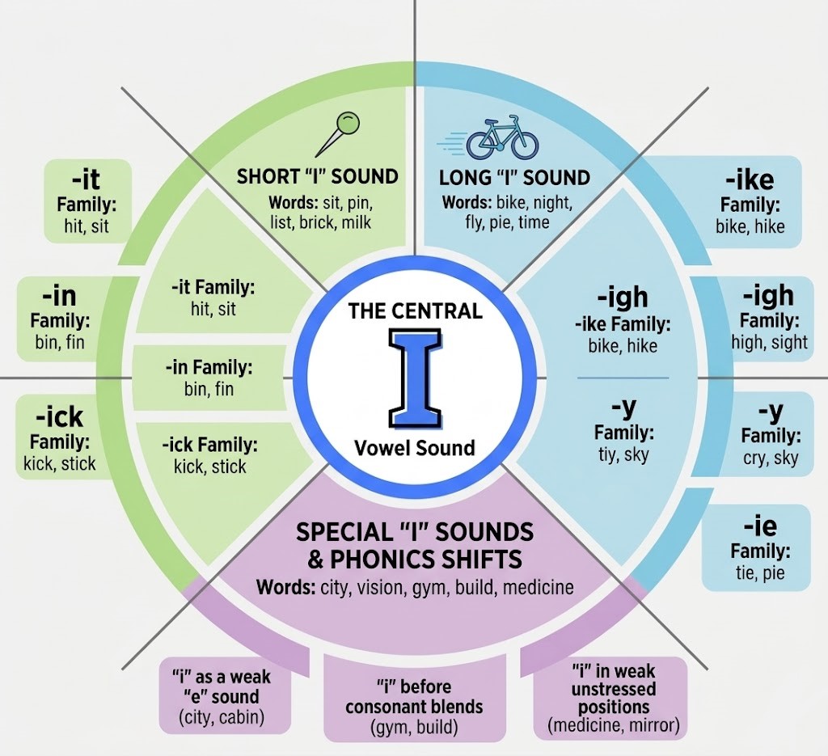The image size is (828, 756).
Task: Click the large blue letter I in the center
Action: [415, 378]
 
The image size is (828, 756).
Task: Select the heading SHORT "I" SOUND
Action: [317, 177]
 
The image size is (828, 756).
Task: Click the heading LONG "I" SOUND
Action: [514, 178]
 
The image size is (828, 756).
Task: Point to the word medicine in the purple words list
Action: [538, 587]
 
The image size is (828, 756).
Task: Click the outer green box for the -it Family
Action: [87, 202]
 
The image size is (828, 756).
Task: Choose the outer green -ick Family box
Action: [59, 437]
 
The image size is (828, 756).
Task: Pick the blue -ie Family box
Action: [756, 547]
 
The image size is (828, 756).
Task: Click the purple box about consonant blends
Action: [415, 698]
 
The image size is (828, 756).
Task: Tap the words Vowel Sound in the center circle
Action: [415, 448]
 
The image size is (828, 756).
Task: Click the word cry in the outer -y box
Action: [754, 458]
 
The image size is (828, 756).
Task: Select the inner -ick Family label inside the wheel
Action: [209, 445]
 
